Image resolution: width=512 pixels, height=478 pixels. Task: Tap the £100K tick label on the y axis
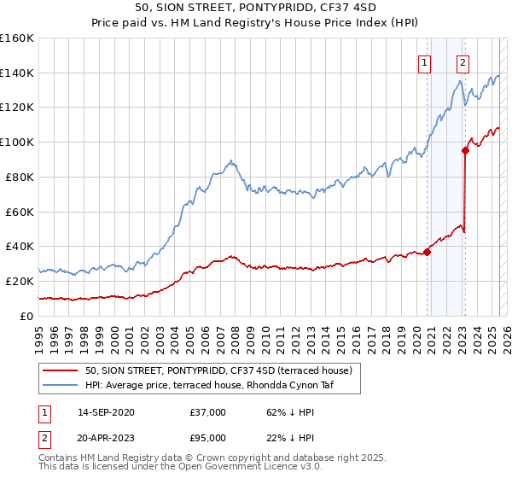[x=16, y=142]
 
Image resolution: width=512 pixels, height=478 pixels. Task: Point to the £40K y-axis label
[x=19, y=246]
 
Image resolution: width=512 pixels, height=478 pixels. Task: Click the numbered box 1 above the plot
[x=424, y=61]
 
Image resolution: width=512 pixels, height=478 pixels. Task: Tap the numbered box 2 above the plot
[x=463, y=61]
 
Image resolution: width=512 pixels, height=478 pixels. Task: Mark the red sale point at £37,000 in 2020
[x=427, y=251]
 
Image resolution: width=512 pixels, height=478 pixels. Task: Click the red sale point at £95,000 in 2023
[x=466, y=150]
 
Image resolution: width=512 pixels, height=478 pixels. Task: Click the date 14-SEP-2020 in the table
[x=106, y=412]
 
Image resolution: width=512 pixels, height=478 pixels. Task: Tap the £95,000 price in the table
[x=207, y=438]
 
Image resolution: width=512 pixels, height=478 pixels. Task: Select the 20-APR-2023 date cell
[x=106, y=438]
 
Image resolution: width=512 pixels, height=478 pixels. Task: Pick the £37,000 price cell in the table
[x=207, y=412]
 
